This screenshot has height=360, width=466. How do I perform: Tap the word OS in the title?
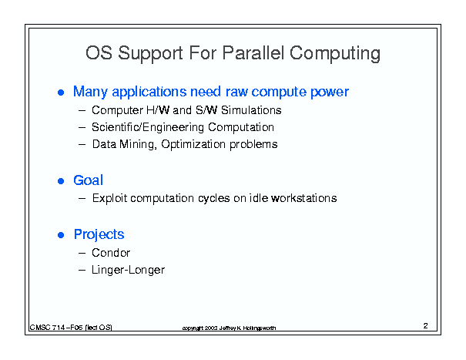click(99, 53)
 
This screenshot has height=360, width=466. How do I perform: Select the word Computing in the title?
click(335, 54)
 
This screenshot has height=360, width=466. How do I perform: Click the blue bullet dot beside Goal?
click(61, 181)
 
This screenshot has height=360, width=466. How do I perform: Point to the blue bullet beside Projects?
click(61, 235)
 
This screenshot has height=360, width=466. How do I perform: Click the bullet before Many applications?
click(61, 93)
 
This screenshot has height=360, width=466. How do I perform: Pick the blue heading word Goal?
click(89, 180)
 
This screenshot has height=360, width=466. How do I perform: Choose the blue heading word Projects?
click(99, 235)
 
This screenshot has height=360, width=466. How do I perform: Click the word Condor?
click(111, 253)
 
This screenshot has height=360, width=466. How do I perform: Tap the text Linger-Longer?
click(128, 270)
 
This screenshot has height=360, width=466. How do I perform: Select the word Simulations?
click(251, 110)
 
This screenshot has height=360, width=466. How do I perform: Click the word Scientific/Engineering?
click(148, 127)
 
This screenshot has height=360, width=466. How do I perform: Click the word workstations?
click(304, 198)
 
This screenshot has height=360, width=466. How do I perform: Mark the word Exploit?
click(110, 198)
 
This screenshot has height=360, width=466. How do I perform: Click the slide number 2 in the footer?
click(426, 326)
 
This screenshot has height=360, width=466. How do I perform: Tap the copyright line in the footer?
click(229, 328)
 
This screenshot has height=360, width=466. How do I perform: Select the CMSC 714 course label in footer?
click(71, 328)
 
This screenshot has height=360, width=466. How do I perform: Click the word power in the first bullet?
click(330, 93)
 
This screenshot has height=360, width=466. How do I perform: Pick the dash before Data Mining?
click(82, 145)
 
